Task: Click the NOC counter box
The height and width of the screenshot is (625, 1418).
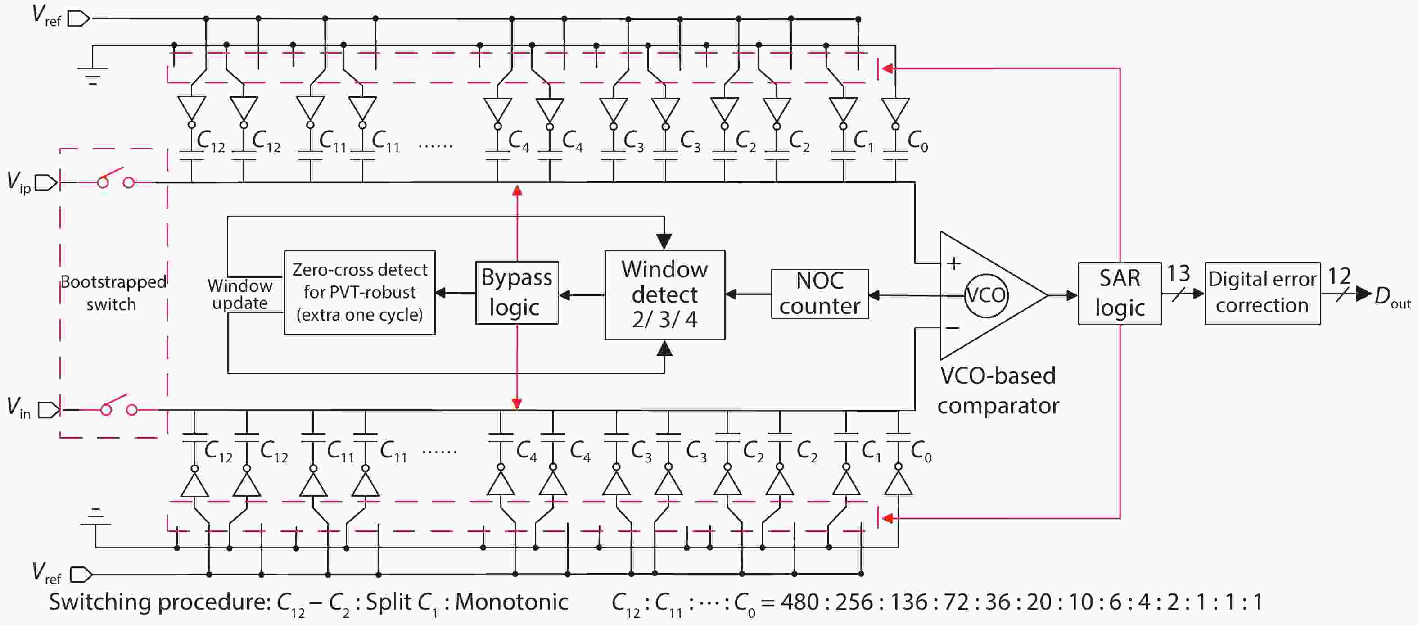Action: tap(820, 294)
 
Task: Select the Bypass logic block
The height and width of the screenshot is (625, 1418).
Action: tap(516, 292)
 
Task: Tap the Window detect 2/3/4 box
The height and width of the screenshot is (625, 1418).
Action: tap(664, 295)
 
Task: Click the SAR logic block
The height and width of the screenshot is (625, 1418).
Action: tap(1119, 294)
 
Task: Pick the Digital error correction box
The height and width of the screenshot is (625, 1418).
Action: tap(1262, 293)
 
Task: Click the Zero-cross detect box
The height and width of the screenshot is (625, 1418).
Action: tap(360, 292)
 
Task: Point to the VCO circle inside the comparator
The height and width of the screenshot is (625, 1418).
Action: tap(985, 296)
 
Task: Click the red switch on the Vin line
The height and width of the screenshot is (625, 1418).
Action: tap(118, 406)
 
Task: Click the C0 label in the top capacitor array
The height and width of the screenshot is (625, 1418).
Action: tap(917, 141)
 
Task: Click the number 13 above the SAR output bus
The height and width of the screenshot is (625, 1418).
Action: tap(1178, 273)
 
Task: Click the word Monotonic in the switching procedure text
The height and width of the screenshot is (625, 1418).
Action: tap(511, 602)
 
